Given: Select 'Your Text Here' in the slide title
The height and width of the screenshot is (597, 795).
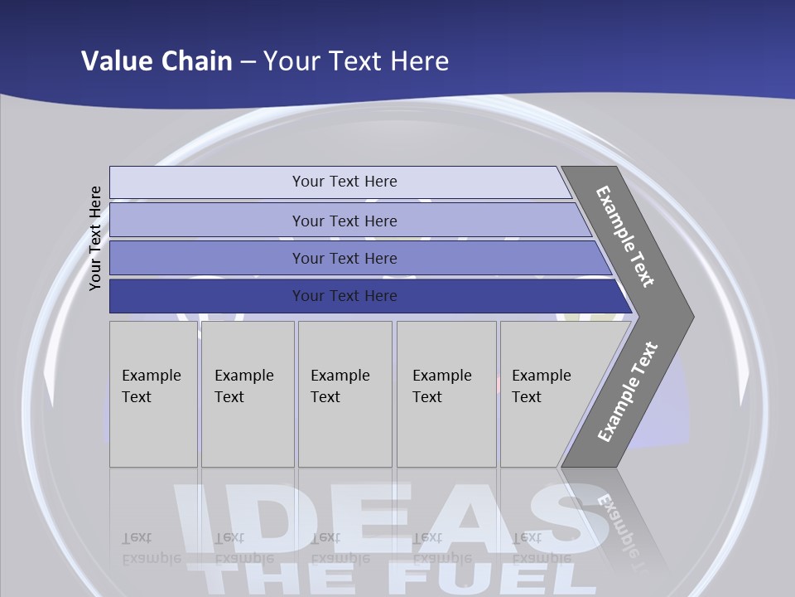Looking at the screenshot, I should pyautogui.click(x=356, y=61).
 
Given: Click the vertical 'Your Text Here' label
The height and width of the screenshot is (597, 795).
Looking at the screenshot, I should pyautogui.click(x=95, y=238).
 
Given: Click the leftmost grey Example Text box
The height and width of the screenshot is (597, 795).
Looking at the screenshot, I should pyautogui.click(x=153, y=394).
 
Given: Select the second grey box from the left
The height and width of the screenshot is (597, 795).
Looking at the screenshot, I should pyautogui.click(x=248, y=394).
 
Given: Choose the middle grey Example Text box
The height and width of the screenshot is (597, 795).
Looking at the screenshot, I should pyautogui.click(x=344, y=394).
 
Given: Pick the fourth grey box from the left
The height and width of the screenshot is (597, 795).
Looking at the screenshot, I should pyautogui.click(x=446, y=394).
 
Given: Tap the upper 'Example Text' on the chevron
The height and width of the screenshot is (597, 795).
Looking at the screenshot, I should pyautogui.click(x=625, y=236).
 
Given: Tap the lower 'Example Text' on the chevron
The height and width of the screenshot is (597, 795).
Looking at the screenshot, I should pyautogui.click(x=628, y=392).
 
